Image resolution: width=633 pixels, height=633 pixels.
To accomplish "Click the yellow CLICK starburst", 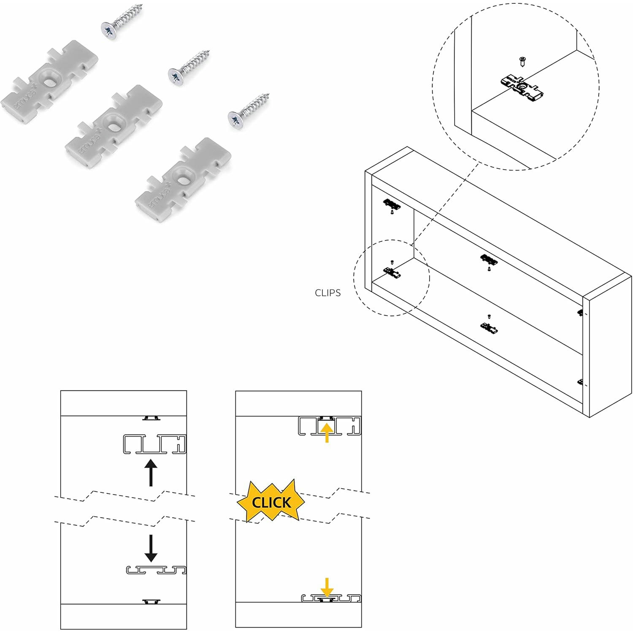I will pyautogui.click(x=271, y=502).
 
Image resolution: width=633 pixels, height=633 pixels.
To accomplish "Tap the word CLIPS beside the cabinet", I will pyautogui.click(x=327, y=293).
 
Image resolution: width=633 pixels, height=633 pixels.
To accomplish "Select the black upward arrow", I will pyautogui.click(x=151, y=473).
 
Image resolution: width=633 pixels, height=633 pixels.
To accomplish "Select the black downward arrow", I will pyautogui.click(x=151, y=548).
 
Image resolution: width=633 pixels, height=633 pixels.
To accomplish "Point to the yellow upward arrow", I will pyautogui.click(x=327, y=432).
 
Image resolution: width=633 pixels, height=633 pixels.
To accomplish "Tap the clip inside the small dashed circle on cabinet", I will pyautogui.click(x=392, y=273).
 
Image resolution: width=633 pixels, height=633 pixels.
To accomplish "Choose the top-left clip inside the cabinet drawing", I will pyautogui.click(x=392, y=205).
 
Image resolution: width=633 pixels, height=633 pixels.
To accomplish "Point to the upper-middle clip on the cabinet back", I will pyautogui.click(x=489, y=259).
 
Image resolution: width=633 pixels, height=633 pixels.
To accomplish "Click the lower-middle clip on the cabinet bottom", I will pyautogui.click(x=489, y=327).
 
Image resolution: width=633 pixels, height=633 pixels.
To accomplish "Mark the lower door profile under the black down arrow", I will pyautogui.click(x=156, y=570).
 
